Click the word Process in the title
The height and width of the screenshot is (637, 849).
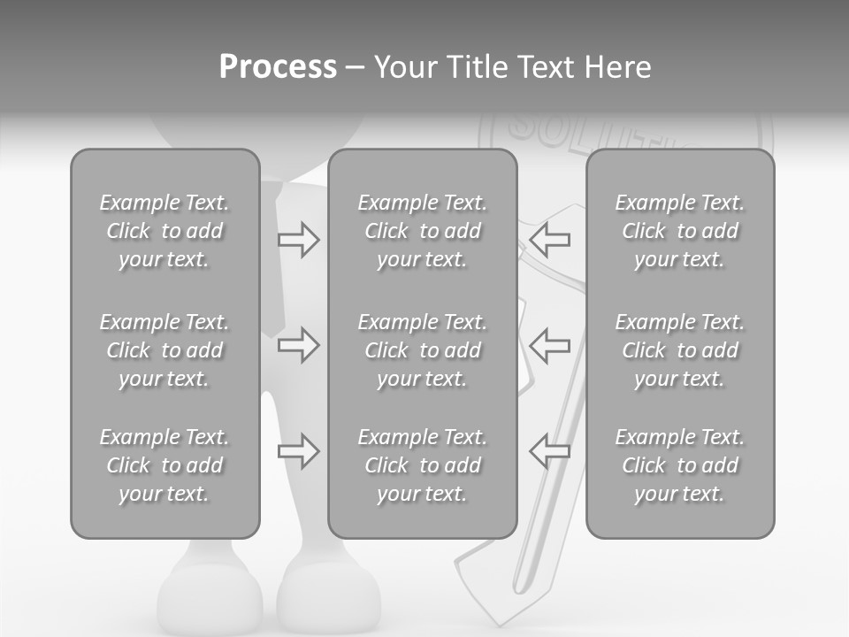pyautogui.click(x=278, y=67)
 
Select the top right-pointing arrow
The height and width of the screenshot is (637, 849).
pyautogui.click(x=298, y=239)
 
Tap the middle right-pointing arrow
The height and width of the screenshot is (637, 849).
pyautogui.click(x=298, y=345)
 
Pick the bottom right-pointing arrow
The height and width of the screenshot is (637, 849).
pyautogui.click(x=298, y=451)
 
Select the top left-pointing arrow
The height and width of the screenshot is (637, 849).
pyautogui.click(x=550, y=239)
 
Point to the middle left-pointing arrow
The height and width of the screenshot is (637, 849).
pyautogui.click(x=550, y=345)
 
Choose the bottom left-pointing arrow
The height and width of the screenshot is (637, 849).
pyautogui.click(x=550, y=451)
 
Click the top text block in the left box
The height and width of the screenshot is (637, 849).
pyautogui.click(x=164, y=231)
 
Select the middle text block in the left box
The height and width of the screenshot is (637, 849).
pyautogui.click(x=164, y=350)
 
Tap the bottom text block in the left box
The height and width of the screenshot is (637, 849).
pyautogui.click(x=164, y=465)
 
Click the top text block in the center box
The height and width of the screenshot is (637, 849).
pyautogui.click(x=422, y=231)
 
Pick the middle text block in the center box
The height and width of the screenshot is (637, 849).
pyautogui.click(x=422, y=350)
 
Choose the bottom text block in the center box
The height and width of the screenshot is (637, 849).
pyautogui.click(x=422, y=465)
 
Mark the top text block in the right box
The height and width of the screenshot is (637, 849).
pyautogui.click(x=680, y=231)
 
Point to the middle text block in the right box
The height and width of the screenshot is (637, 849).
pyautogui.click(x=680, y=350)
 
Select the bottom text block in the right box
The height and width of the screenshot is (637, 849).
pyautogui.click(x=680, y=465)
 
